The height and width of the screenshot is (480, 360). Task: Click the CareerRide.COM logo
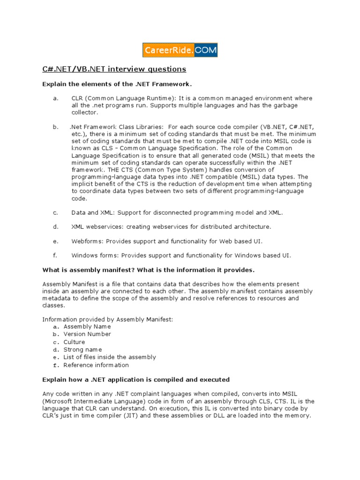180,50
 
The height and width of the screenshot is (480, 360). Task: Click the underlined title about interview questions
114,69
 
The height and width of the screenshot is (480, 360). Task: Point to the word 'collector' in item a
85,112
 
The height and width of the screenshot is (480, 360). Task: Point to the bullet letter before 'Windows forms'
55,255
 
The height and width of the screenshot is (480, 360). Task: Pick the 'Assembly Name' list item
87,326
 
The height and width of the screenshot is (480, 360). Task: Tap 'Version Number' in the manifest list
87,334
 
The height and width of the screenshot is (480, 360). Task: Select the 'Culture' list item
74,342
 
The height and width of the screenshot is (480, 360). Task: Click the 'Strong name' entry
82,350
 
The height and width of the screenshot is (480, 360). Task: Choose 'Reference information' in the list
96,365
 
